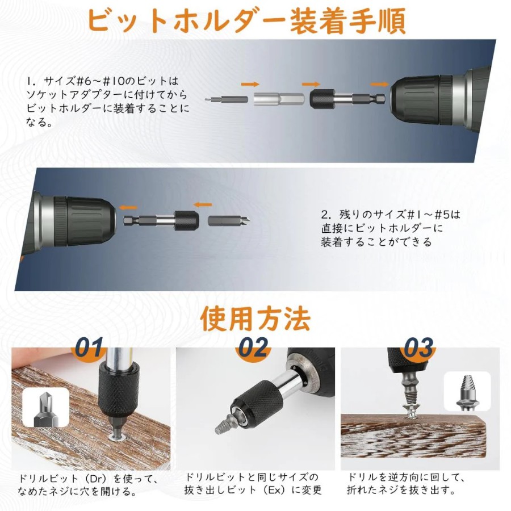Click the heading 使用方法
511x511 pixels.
tap(255, 319)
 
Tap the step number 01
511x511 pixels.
tap(89, 347)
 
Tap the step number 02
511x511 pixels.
tap(253, 347)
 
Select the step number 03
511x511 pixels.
tap(419, 347)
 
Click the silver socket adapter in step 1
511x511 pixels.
tap(279, 98)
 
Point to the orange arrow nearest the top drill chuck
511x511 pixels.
tap(379, 85)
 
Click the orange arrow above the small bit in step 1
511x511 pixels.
tap(250, 84)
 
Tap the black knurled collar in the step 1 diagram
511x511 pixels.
tap(322, 99)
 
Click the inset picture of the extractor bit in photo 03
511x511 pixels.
tap(467, 391)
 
